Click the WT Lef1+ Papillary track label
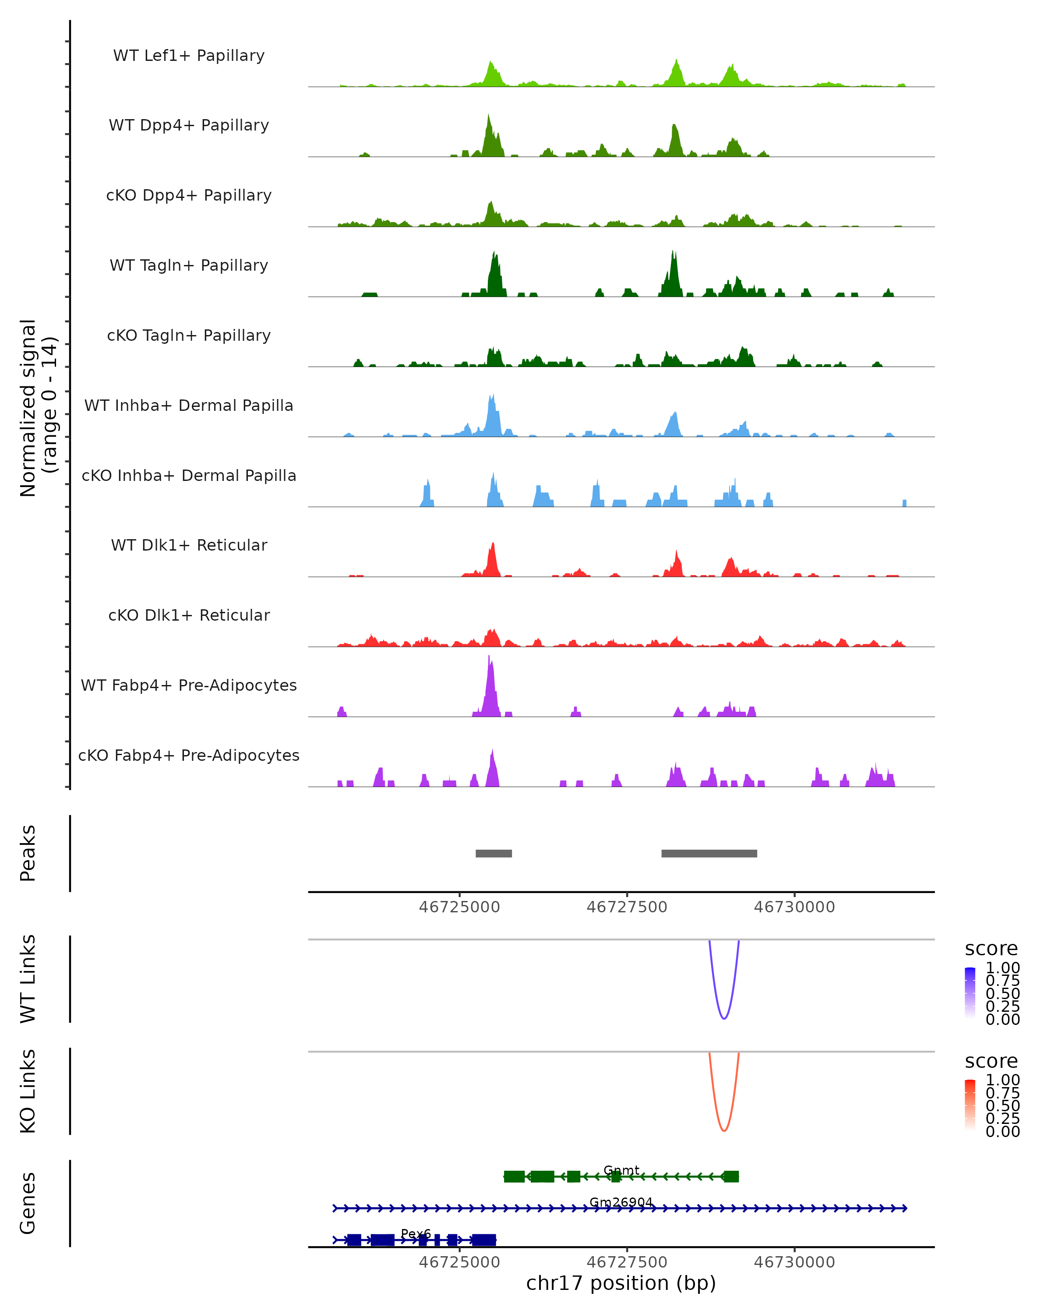[x=189, y=56]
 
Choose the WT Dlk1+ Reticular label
[x=189, y=545]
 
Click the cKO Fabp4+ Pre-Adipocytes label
[x=189, y=755]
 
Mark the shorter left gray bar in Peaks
[x=494, y=853]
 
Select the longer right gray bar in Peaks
[x=709, y=853]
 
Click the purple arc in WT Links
[x=724, y=1018]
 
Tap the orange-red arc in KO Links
[x=724, y=1130]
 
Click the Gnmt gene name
[x=621, y=1170]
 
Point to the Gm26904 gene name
[x=621, y=1202]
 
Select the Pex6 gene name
[x=416, y=1233]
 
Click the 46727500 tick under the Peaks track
[x=627, y=907]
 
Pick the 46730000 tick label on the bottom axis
[x=794, y=1262]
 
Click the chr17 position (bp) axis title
[x=621, y=1283]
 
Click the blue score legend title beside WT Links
[x=991, y=948]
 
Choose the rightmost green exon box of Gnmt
[x=730, y=1176]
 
